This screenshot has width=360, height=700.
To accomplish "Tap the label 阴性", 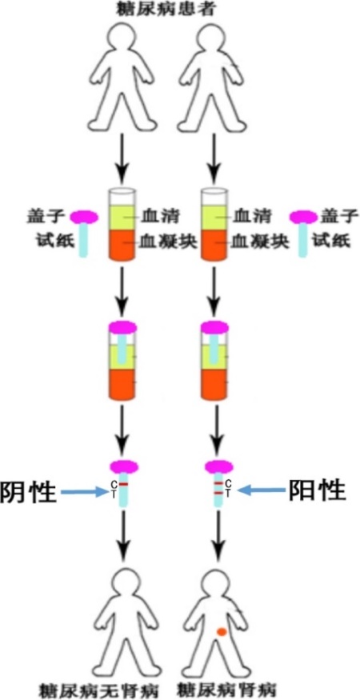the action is coord(28,492).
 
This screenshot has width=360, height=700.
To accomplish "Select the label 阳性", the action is coord(318,490).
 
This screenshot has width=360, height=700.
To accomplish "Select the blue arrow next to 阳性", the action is coord(261,490).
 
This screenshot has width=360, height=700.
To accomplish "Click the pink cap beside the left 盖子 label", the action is coord(84,218).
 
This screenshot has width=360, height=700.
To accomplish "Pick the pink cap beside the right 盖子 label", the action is coord(303,218).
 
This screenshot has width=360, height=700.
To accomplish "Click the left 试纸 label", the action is coord(54,241).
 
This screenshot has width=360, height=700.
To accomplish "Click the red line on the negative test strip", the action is coord(124,484).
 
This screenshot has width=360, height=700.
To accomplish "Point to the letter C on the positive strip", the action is coord(228,483).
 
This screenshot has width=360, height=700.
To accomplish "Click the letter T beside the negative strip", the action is coord(114,493).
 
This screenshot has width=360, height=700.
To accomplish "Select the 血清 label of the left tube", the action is coord(154,217).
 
